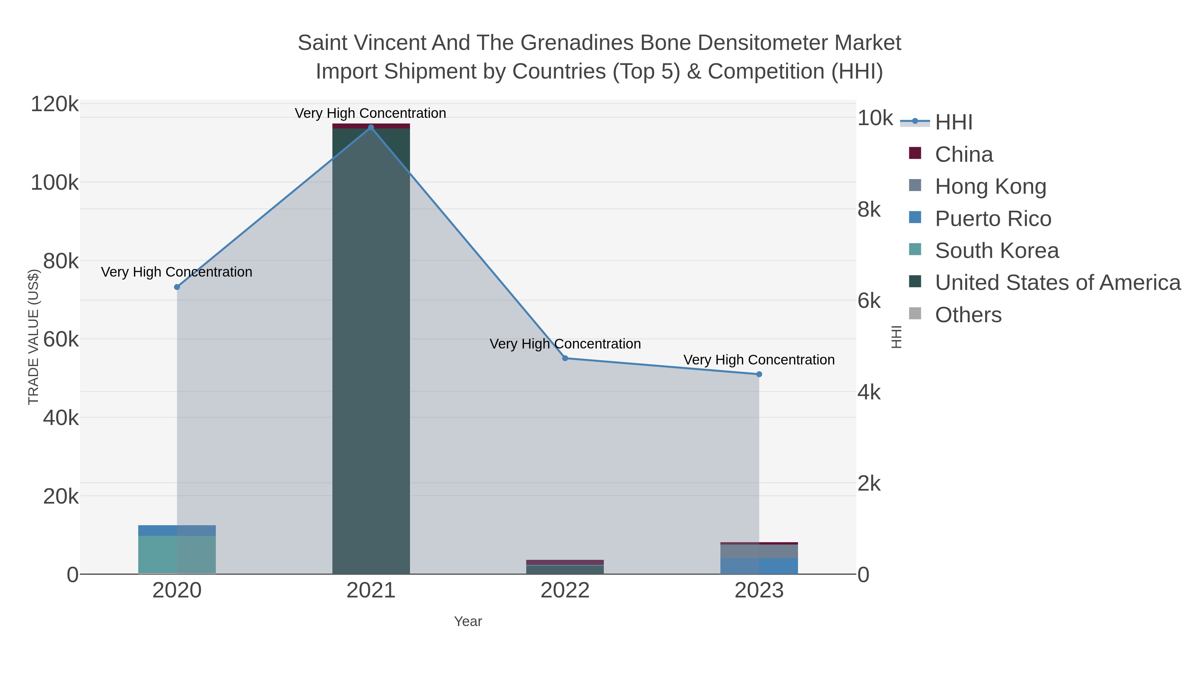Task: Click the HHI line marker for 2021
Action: [371, 127]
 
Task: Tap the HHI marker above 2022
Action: [565, 358]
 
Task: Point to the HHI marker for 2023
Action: [759, 374]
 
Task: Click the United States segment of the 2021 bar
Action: [371, 349]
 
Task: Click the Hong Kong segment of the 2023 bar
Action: [759, 551]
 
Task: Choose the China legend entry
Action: [964, 154]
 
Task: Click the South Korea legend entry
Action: [997, 251]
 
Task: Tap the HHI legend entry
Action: [953, 122]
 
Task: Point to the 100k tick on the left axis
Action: [55, 183]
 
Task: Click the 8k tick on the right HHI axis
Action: [869, 210]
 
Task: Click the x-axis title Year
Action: [468, 621]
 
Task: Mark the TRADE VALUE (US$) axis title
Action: [34, 337]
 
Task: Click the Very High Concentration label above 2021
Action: [370, 113]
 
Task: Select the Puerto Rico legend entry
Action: [993, 219]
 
